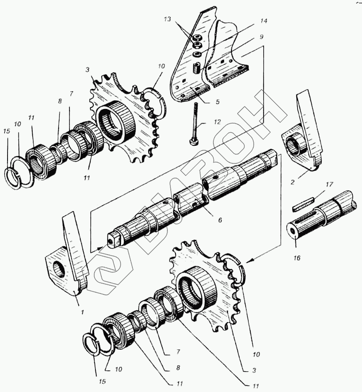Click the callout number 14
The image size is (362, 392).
coord(264,21)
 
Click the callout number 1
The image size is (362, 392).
coord(82,312)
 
